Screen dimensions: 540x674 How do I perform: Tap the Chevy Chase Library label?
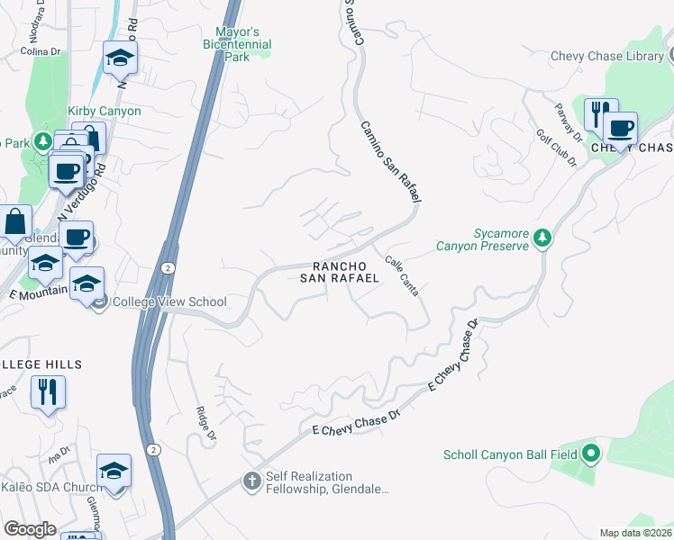click(x=606, y=56)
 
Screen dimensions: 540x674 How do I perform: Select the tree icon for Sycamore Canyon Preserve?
click(x=542, y=238)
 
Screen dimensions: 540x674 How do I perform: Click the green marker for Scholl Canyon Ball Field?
click(x=591, y=454)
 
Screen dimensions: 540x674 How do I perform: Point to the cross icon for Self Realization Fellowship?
click(x=252, y=481)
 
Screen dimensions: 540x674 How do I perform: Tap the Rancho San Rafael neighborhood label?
click(x=339, y=272)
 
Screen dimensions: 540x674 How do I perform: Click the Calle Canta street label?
click(x=402, y=278)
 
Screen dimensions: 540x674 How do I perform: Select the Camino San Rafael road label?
click(x=392, y=162)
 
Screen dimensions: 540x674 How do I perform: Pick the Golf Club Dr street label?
click(x=557, y=146)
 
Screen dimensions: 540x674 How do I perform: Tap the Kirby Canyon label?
click(x=105, y=111)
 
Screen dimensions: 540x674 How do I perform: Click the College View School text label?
click(x=169, y=301)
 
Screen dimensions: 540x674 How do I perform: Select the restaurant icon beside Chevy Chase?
click(x=601, y=114)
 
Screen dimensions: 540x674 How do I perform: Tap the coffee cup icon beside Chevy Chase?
click(x=620, y=128)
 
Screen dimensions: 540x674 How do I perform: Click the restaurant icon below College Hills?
click(x=48, y=391)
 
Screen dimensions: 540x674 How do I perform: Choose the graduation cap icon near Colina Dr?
click(x=120, y=58)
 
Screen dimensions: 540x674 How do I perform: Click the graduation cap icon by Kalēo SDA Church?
click(x=114, y=470)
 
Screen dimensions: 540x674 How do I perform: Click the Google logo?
click(x=31, y=529)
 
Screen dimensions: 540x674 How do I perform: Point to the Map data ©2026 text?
click(x=634, y=533)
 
